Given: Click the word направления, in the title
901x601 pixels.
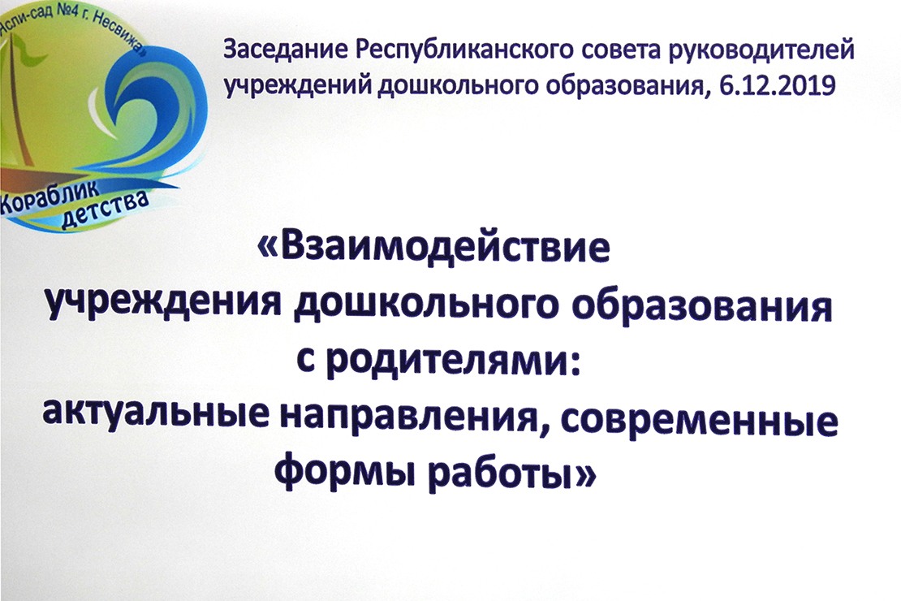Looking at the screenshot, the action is (x=416, y=419).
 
